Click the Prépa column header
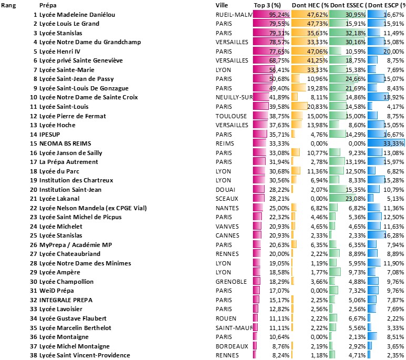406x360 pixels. [x=48, y=5]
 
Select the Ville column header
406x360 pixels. [x=222, y=5]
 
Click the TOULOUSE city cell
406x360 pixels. [x=230, y=116]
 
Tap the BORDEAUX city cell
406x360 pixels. [x=231, y=346]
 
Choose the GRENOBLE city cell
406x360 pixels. [x=231, y=281]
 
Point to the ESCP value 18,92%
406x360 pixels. [x=394, y=97]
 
